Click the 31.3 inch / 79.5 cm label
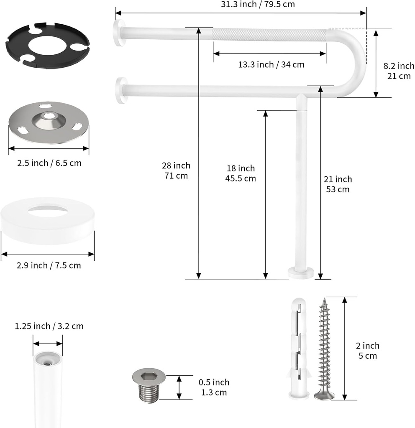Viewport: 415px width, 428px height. (x=258, y=5)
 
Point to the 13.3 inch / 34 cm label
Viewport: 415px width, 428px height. (x=271, y=64)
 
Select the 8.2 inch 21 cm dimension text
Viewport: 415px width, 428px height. (x=399, y=71)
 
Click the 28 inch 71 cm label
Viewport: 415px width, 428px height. (x=176, y=171)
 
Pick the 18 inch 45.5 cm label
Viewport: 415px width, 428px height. (x=241, y=173)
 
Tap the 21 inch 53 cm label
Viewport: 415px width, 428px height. (x=338, y=184)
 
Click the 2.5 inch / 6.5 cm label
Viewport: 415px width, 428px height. (x=49, y=163)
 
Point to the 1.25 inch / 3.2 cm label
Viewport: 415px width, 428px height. (x=49, y=326)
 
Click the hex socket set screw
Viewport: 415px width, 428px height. (x=149, y=385)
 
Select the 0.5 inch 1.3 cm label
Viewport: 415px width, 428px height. (x=213, y=387)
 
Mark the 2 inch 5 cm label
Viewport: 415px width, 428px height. (x=368, y=350)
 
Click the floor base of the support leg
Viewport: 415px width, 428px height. (x=301, y=273)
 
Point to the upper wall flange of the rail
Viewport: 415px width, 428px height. (x=119, y=33)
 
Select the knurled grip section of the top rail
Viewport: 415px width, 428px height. (x=270, y=35)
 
